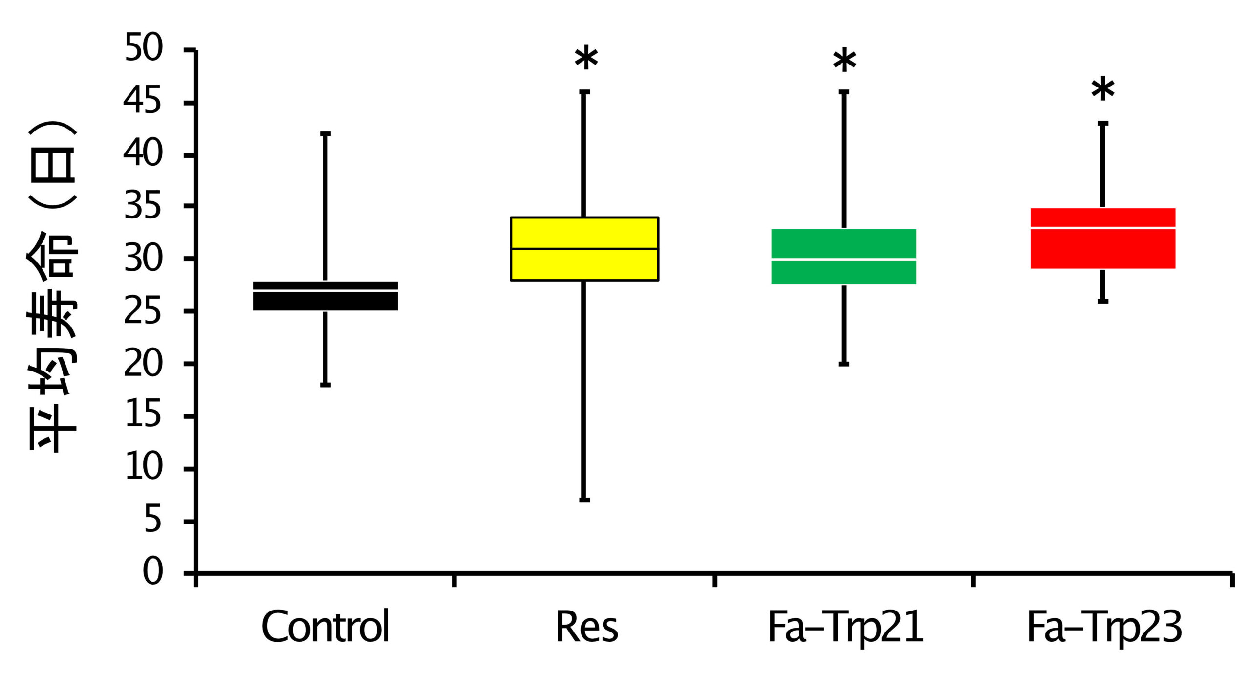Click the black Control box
point(325,301)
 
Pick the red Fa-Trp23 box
point(1103,249)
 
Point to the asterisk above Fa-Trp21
point(844,62)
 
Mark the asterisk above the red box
point(1103,90)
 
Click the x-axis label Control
point(325,627)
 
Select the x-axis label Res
point(586,627)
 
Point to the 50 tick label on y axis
point(143,47)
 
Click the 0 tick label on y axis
point(152,571)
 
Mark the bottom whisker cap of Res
point(584,500)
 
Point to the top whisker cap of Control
point(325,133)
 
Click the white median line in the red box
point(1103,228)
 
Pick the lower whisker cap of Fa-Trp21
point(844,364)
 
